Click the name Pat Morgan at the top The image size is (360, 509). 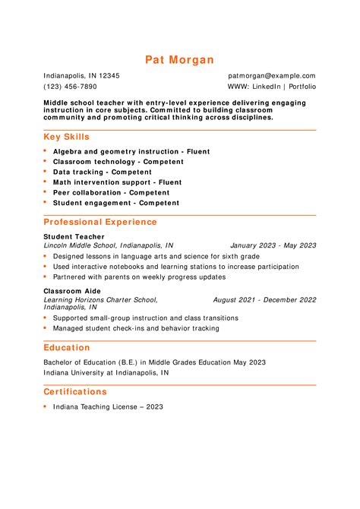(x=180, y=59)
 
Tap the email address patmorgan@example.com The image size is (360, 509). (x=271, y=76)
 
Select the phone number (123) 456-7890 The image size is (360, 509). (x=70, y=87)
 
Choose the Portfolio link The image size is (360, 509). (x=302, y=87)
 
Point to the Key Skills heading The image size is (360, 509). (x=67, y=137)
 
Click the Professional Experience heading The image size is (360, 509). (x=100, y=222)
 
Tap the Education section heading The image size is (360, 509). (x=67, y=347)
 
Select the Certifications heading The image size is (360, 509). (x=75, y=391)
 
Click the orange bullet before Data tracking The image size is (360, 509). (x=46, y=172)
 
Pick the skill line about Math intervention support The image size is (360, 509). (x=117, y=182)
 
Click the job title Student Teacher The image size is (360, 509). (x=74, y=237)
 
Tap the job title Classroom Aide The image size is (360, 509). (x=73, y=291)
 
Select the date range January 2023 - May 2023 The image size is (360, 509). (x=273, y=245)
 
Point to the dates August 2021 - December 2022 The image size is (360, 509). (x=264, y=299)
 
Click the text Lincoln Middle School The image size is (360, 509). (x=80, y=245)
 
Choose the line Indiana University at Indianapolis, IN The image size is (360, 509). (x=106, y=373)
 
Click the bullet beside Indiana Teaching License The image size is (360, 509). (x=46, y=406)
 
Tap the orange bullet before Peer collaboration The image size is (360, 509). (x=46, y=192)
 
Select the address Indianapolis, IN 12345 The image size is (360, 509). (x=81, y=76)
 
